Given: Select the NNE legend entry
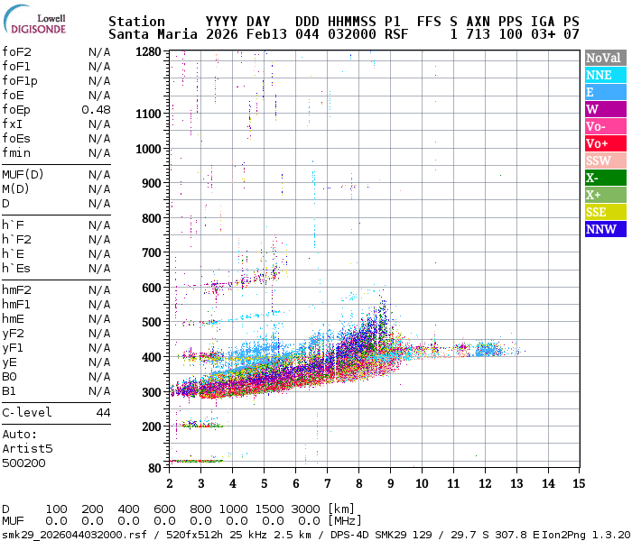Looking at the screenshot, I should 604,75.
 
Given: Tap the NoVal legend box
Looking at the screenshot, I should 604,58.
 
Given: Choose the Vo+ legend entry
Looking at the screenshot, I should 604,143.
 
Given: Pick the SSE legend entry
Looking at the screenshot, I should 604,212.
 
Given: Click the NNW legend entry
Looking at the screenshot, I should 604,229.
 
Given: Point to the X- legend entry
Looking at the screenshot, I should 604,178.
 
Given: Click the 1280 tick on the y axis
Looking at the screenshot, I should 148,51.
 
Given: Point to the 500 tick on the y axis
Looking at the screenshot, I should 151,322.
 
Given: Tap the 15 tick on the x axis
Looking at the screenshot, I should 578,483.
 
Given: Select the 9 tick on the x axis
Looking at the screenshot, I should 390,483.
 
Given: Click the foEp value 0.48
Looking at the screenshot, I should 96,110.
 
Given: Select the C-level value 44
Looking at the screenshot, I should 103,413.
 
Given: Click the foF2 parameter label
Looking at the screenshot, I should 16,52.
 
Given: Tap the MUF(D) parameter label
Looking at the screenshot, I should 22,175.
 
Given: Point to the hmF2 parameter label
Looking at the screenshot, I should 16,290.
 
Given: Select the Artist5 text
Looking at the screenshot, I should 27,448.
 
